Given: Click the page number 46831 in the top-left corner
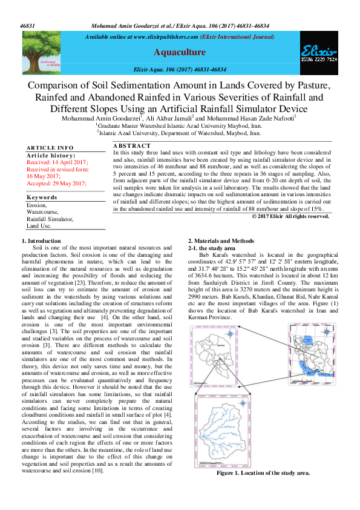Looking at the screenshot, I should pos(27,26).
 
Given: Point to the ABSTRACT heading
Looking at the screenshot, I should pos(132,146).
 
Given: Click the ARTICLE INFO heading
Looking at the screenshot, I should pos(50,148).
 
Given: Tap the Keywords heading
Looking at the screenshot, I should pos(42,198).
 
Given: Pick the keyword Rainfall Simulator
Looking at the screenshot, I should pos(50,219).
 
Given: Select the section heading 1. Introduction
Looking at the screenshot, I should pos(45,242).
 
